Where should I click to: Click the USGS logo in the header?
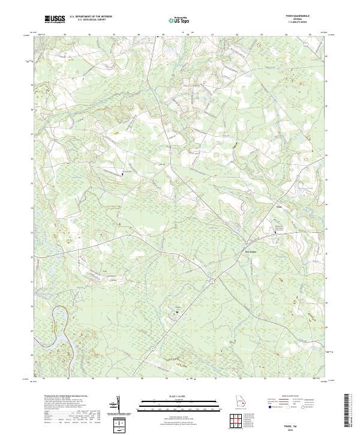[x=55, y=19]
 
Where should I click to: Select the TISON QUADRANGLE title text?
[x=294, y=16]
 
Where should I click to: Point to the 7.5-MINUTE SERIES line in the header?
[x=294, y=22]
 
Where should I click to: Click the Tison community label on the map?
[x=278, y=208]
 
